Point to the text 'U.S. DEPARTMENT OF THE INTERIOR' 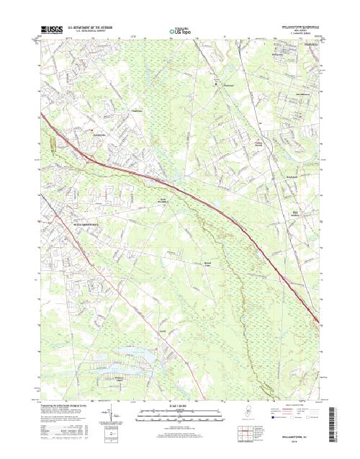pyautogui.click(x=94, y=27)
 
